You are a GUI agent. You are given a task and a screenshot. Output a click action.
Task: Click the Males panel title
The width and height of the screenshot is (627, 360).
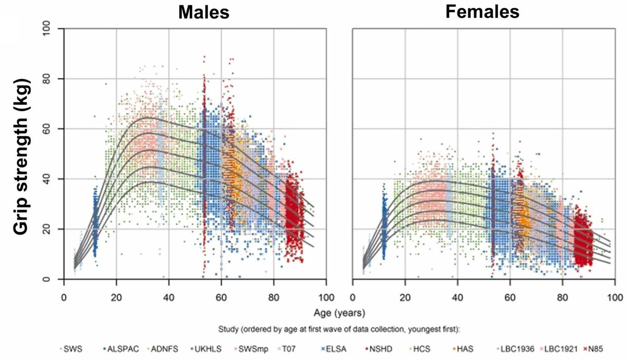[204, 13]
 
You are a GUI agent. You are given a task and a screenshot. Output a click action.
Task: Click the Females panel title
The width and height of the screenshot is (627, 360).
[482, 13]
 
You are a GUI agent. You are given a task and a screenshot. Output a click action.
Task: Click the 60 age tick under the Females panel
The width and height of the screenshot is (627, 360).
[509, 293]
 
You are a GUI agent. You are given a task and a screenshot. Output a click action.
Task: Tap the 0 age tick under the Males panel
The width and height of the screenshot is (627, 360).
[64, 293]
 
